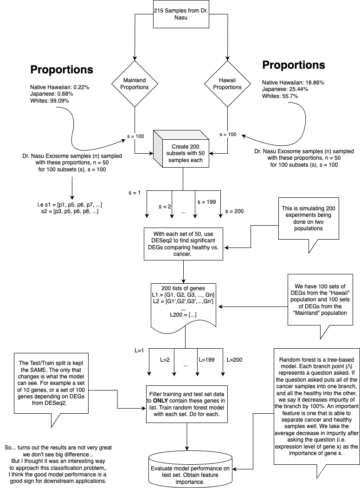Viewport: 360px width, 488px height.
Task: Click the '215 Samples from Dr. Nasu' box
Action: coord(181,14)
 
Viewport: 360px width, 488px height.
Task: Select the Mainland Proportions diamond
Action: coord(135,84)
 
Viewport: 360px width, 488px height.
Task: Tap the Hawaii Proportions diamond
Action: coord(227,84)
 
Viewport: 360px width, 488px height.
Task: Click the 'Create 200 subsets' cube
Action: coord(181,149)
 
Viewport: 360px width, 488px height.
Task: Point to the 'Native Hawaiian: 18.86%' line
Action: coord(293,83)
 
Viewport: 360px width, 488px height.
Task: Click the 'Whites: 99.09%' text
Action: coord(50,101)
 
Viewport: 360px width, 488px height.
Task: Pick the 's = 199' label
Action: coord(207,202)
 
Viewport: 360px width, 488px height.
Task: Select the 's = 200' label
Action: coord(234,211)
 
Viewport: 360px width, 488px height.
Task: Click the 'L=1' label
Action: coord(139,351)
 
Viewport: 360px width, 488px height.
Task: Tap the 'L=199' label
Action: coord(207,360)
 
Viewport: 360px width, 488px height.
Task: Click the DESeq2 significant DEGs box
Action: coord(183,244)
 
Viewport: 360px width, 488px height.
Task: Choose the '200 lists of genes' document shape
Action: coord(183,306)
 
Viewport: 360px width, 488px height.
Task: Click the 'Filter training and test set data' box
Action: coord(186,404)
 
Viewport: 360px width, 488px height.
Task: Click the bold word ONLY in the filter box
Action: coord(161,401)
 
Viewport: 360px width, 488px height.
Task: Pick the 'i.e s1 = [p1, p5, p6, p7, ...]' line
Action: coord(70,205)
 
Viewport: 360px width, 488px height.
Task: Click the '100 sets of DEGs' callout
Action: coord(320,299)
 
